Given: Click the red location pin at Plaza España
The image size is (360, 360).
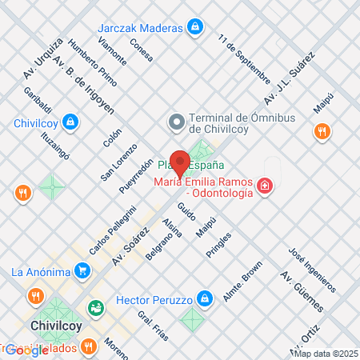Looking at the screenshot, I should coord(181,162).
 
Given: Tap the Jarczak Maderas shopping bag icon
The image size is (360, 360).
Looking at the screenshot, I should coord(194,27).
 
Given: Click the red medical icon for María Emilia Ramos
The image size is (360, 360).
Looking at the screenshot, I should coord(264,187).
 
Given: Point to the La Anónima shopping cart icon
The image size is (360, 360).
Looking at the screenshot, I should coord(82,270).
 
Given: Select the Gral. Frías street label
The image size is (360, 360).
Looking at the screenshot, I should coord(153,325).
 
